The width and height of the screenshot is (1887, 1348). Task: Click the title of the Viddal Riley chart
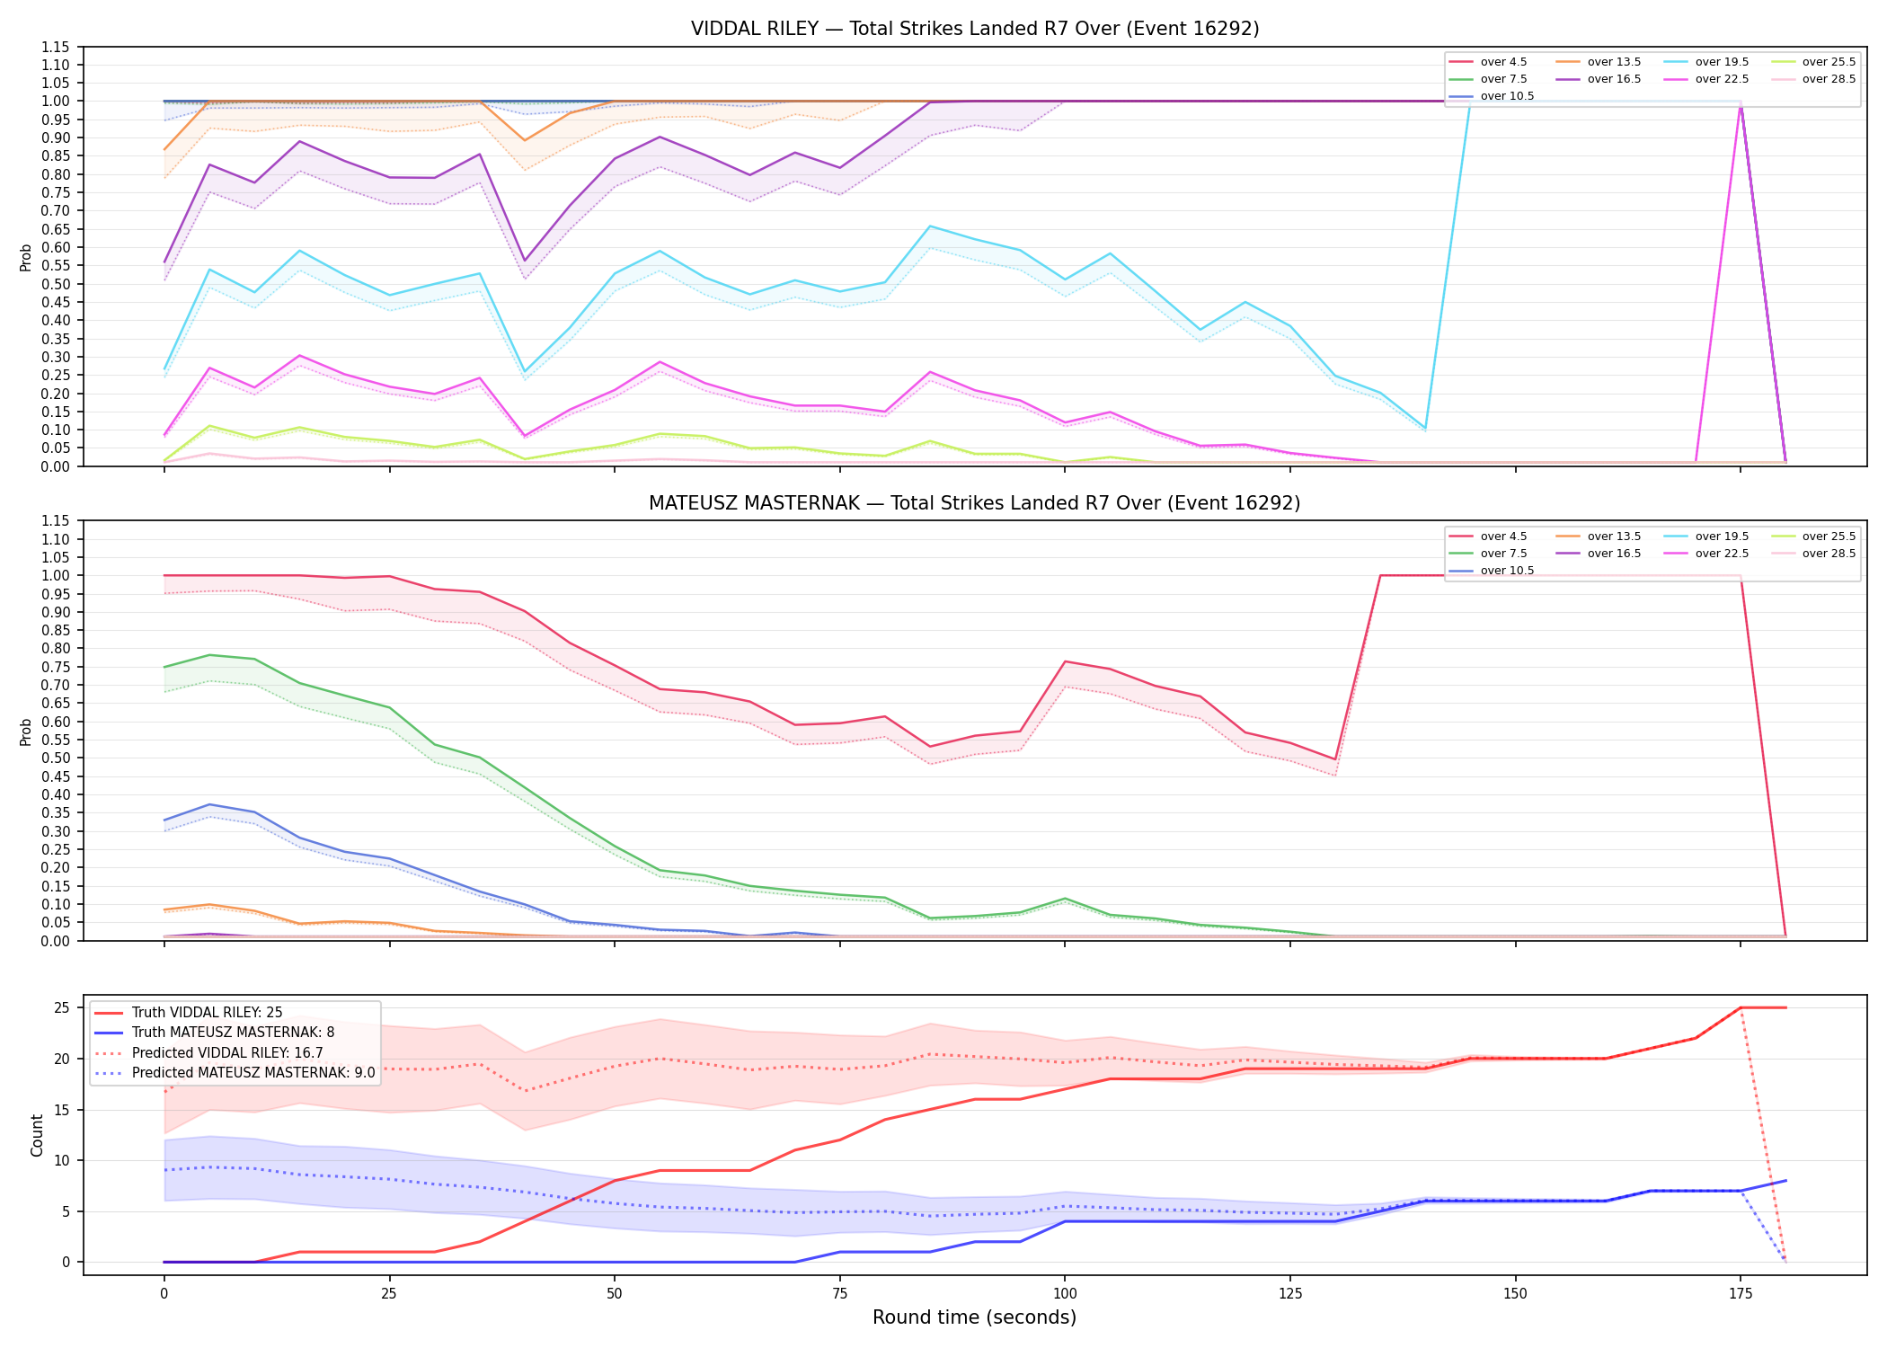pyautogui.click(x=975, y=29)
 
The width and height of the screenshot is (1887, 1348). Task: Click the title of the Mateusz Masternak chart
pyautogui.click(x=975, y=503)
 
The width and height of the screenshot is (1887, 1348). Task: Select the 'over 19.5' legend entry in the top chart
pyautogui.click(x=1706, y=62)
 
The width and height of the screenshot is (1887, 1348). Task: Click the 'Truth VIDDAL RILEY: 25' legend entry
pyautogui.click(x=188, y=1013)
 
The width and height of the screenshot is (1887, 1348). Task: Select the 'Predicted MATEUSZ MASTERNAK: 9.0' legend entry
pyautogui.click(x=234, y=1073)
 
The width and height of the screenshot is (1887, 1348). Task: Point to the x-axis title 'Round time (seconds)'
pyautogui.click(x=975, y=1317)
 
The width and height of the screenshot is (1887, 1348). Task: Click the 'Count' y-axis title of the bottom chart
pyautogui.click(x=37, y=1135)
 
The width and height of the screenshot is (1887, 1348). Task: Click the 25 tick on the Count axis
pyautogui.click(x=62, y=1007)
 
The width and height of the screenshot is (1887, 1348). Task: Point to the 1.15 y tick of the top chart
pyautogui.click(x=56, y=47)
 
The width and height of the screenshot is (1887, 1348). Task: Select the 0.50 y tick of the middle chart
pyautogui.click(x=56, y=758)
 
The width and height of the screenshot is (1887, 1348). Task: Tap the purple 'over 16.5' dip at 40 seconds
pyautogui.click(x=525, y=261)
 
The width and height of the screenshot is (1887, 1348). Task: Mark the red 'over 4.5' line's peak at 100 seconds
pyautogui.click(x=1065, y=661)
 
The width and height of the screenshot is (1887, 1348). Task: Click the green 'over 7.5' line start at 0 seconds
pyautogui.click(x=164, y=667)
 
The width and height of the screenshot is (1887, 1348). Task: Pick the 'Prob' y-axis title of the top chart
pyautogui.click(x=26, y=257)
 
